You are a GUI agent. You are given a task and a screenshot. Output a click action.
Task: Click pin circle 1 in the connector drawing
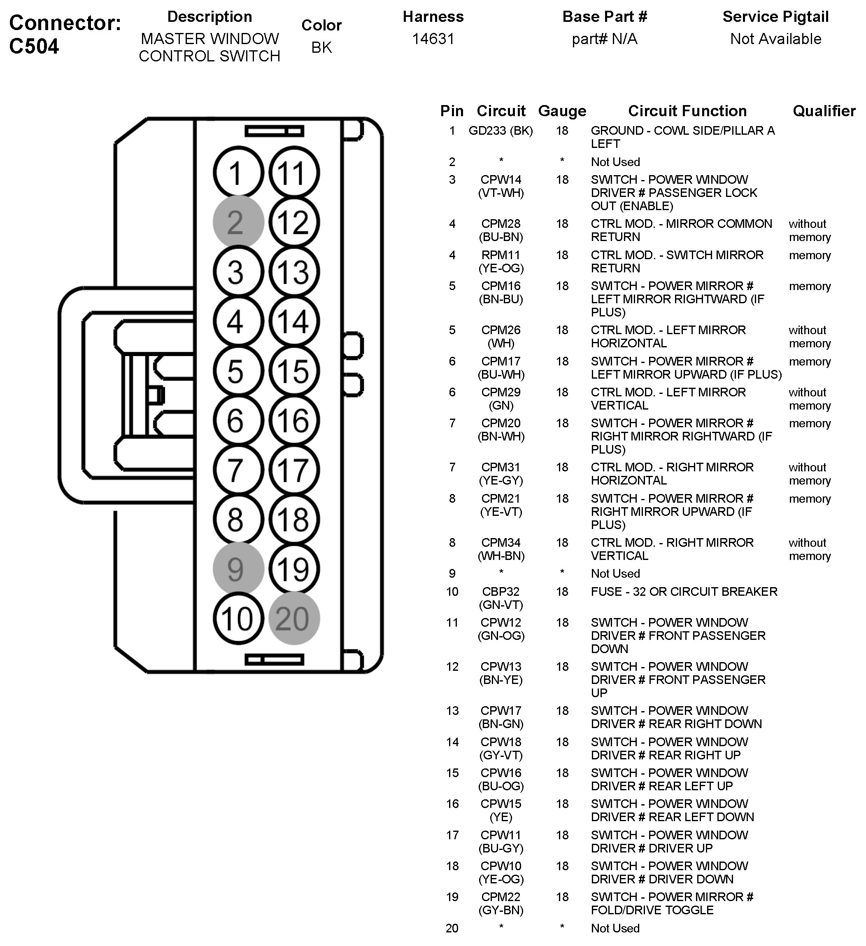[238, 172]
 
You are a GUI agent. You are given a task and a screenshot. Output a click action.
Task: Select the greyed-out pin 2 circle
[238, 222]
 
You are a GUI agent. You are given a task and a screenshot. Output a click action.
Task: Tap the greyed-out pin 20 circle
[294, 618]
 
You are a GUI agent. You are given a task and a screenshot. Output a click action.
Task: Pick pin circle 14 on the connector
[294, 321]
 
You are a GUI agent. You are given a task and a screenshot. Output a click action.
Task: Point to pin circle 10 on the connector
[238, 618]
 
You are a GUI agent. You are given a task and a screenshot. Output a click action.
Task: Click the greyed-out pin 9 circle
[238, 569]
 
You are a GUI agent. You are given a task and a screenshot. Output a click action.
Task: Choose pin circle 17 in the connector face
[294, 470]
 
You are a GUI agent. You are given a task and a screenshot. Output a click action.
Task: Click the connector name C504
[34, 46]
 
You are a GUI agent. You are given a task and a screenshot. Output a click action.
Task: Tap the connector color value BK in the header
[321, 47]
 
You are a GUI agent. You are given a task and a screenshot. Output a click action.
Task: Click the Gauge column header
[562, 111]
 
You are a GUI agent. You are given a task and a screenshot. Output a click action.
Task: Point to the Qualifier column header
[824, 111]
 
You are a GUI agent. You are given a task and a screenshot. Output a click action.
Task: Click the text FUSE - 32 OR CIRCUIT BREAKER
[684, 591]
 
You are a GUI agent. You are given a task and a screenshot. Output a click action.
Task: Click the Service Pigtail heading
[775, 16]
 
